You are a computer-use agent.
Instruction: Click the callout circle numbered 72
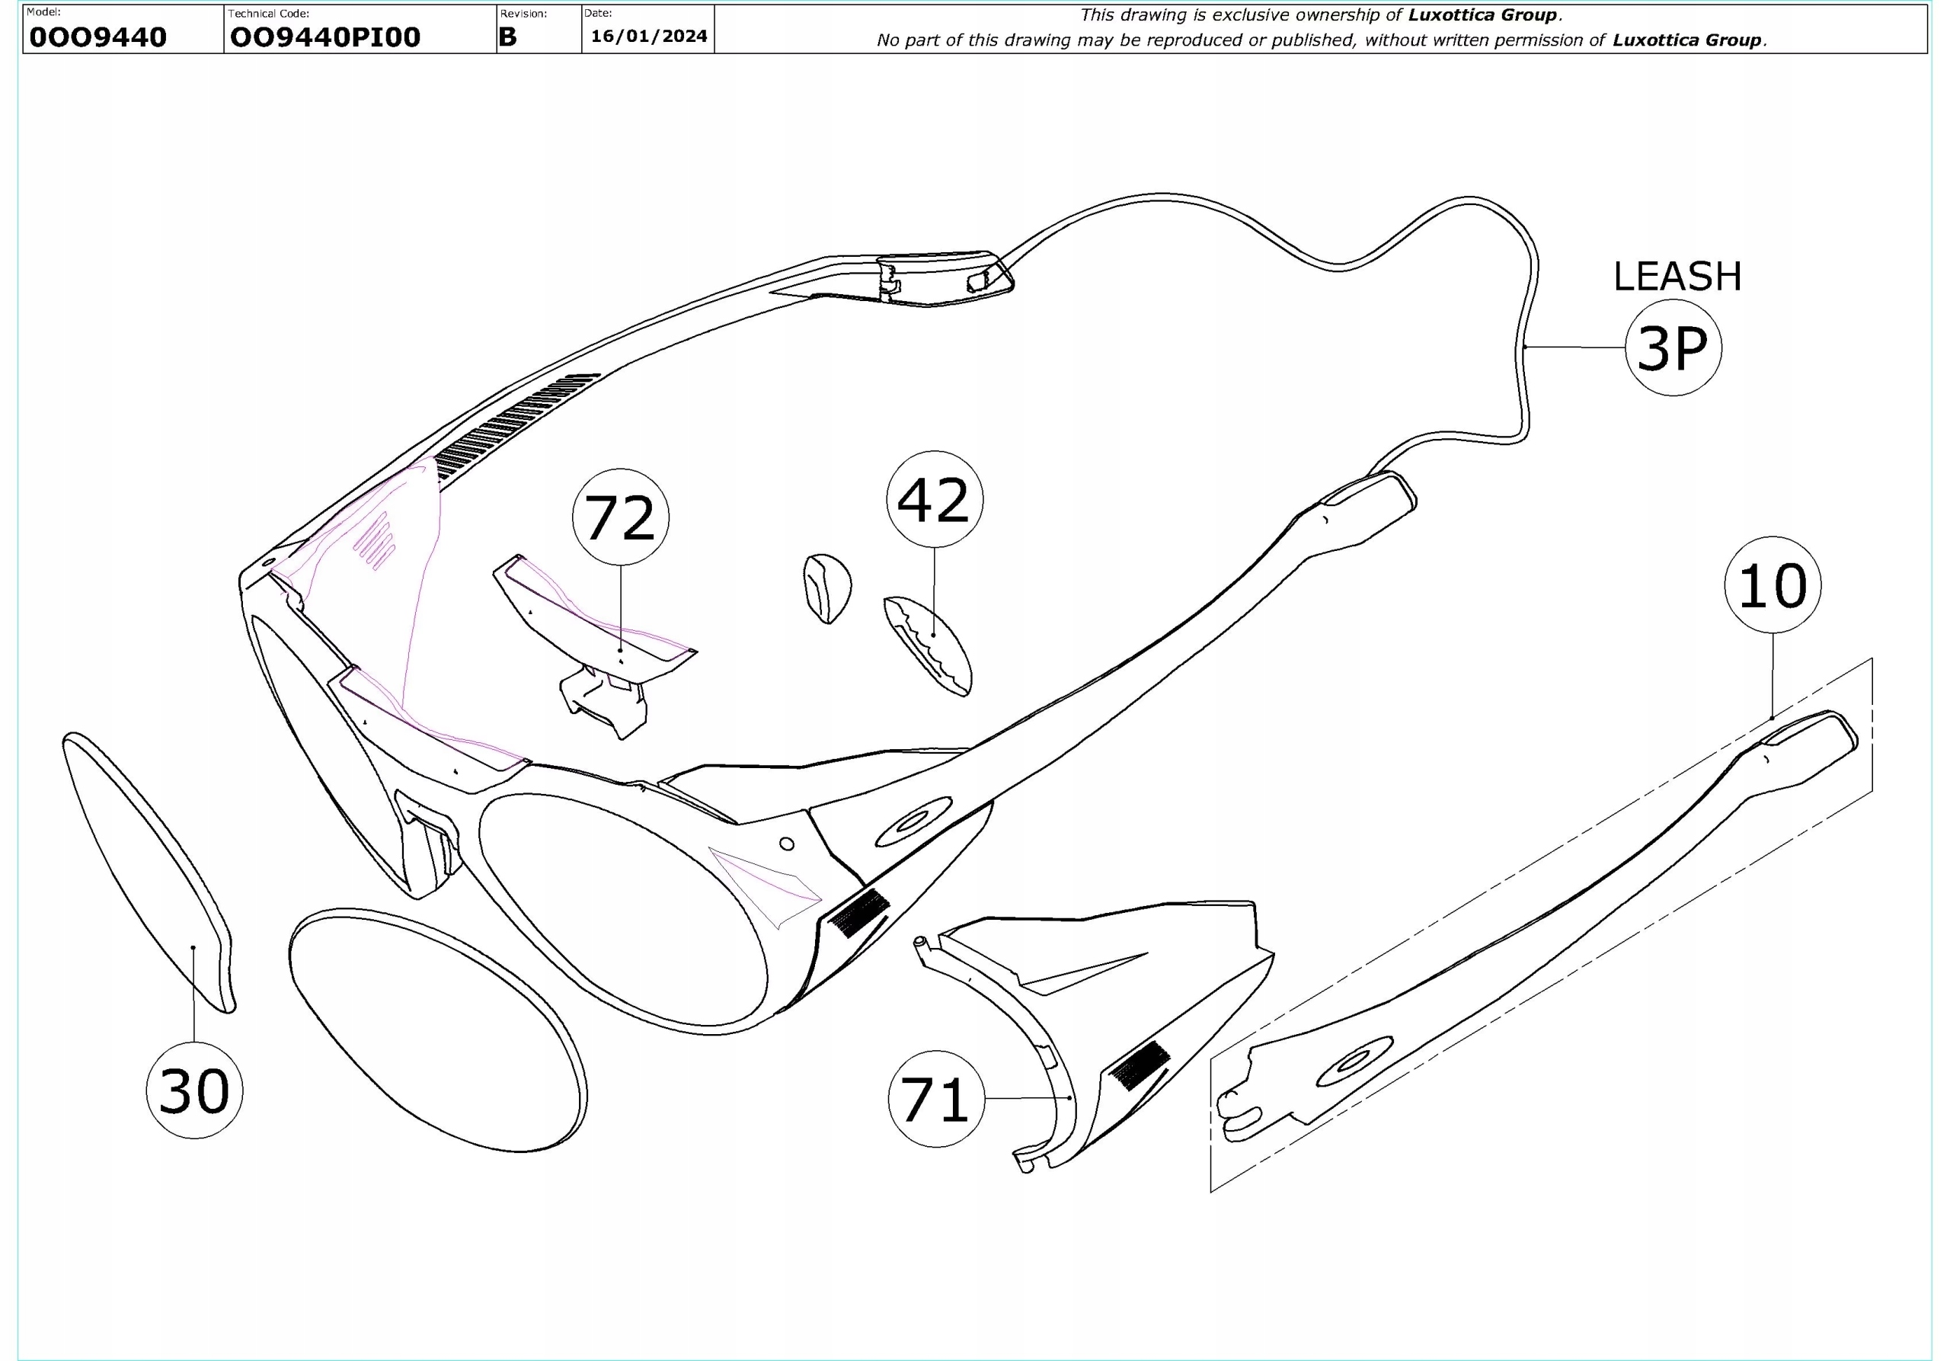pos(620,517)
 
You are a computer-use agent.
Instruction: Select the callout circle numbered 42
pos(934,500)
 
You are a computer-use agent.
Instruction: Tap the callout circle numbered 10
pos(1773,584)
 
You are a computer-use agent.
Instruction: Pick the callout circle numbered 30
pos(194,1090)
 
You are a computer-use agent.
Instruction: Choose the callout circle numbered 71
pos(936,1099)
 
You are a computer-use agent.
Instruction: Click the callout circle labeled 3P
pos(1672,347)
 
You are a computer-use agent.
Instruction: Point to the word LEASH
pos(1677,277)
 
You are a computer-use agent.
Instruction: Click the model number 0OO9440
pos(97,37)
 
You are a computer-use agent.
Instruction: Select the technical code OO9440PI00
pos(325,37)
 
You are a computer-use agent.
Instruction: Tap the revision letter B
pos(508,37)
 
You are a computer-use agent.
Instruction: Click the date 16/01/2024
pos(649,36)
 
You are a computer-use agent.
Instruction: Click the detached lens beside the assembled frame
pos(437,1030)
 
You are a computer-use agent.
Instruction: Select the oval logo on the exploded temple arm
pos(1354,1062)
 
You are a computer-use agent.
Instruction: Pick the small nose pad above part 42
pos(826,587)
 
